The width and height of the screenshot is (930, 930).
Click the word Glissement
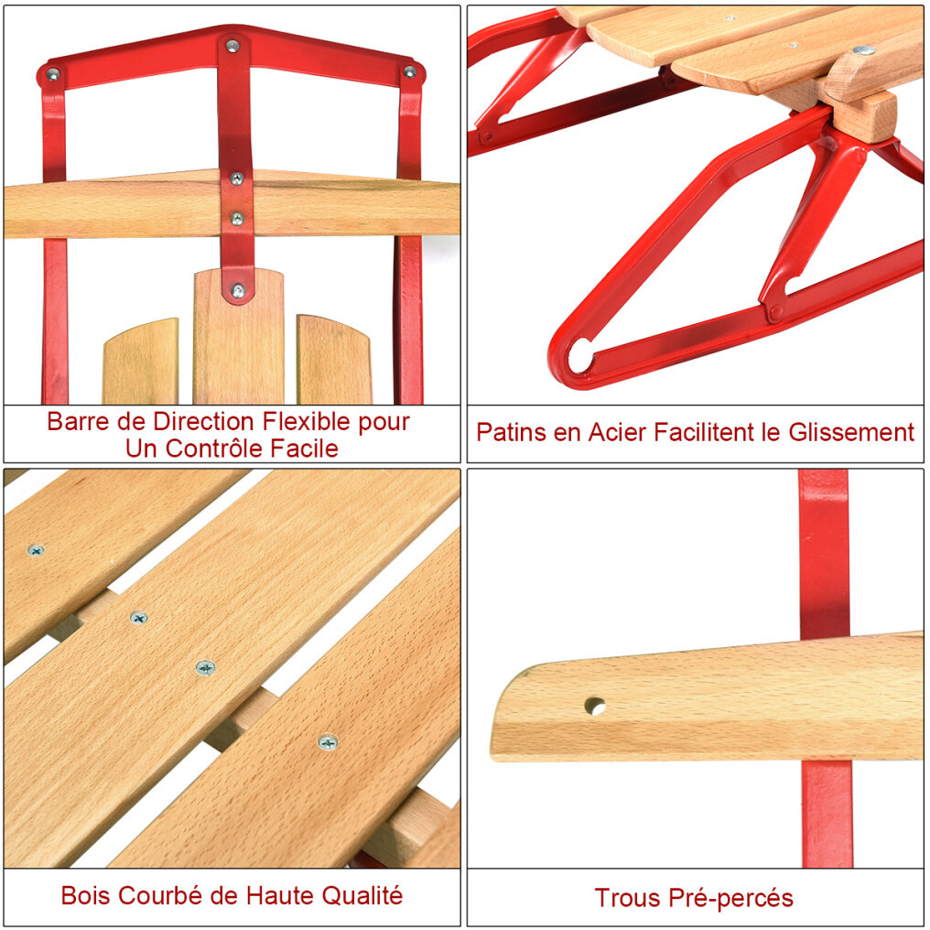(x=851, y=432)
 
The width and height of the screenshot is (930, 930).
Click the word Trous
(x=628, y=898)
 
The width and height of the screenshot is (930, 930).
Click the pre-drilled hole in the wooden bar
(x=595, y=706)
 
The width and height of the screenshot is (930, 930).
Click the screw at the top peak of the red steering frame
(x=232, y=45)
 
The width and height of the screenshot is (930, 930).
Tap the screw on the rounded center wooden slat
(x=238, y=291)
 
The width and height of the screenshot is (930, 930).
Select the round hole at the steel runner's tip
(x=580, y=356)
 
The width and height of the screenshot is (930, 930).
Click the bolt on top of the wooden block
(x=862, y=49)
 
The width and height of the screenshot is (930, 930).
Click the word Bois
(x=86, y=895)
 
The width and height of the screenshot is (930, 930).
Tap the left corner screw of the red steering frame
(x=53, y=75)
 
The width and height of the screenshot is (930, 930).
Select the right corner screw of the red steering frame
(x=410, y=71)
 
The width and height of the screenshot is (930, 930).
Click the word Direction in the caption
(x=205, y=422)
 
